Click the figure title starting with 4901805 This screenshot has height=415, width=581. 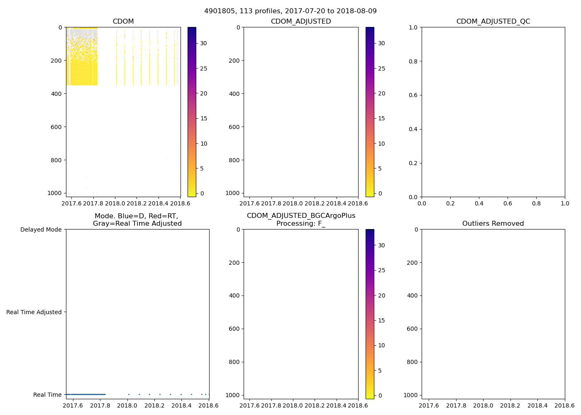[290, 11]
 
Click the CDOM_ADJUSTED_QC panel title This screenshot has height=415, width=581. [493, 22]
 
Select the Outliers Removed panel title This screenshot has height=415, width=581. [493, 224]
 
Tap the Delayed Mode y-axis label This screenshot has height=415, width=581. [41, 229]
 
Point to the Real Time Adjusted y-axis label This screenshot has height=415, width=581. [34, 312]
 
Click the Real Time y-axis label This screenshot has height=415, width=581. [47, 395]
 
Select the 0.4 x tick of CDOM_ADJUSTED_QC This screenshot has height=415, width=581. [479, 203]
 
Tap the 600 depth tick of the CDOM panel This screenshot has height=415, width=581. [57, 127]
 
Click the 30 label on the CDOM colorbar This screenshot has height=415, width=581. [204, 43]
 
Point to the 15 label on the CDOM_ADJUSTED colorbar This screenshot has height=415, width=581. [381, 118]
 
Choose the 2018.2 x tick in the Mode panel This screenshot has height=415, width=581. [154, 405]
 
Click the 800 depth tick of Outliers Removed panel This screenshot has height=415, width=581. [412, 362]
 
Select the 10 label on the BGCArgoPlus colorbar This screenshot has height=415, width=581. [381, 345]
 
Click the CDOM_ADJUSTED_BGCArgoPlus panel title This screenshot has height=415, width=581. [301, 220]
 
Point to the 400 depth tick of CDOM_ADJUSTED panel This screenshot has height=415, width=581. [235, 94]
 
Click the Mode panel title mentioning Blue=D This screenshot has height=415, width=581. [137, 220]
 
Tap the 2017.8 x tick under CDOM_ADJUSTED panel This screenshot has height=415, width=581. [271, 203]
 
